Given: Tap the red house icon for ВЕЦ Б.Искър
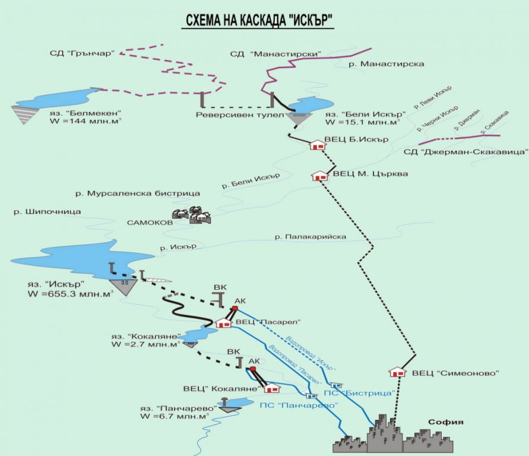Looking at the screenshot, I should [317, 145].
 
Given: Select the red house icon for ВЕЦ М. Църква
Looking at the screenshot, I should [320, 176].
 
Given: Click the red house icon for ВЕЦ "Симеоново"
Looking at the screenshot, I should [397, 372].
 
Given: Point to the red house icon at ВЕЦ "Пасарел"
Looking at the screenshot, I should [223, 323].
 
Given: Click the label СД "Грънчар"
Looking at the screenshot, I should [84, 53].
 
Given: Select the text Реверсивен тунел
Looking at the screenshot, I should [230, 115].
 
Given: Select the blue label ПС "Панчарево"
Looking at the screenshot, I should [299, 405].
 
